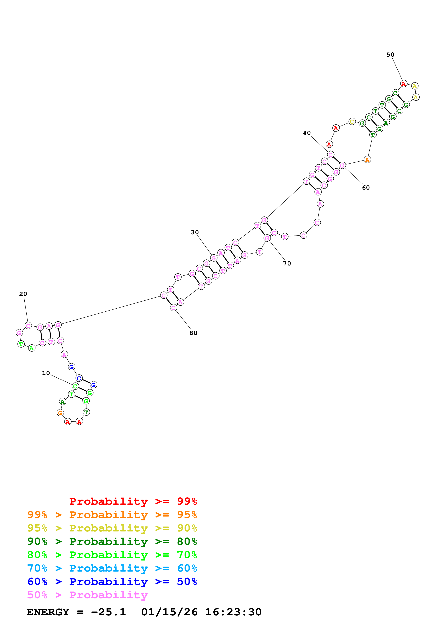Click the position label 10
pyautogui.click(x=46, y=373)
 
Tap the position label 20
pyautogui.click(x=23, y=294)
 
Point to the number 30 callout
pyautogui.click(x=195, y=232)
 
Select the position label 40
pyautogui.click(x=307, y=133)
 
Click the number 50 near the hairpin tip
pyautogui.click(x=390, y=55)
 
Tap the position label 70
pyautogui.click(x=287, y=264)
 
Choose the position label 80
pyautogui.click(x=193, y=333)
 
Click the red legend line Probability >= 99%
pyautogui.click(x=133, y=501)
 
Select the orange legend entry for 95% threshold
pyautogui.click(x=112, y=515)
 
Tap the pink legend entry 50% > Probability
pyautogui.click(x=87, y=595)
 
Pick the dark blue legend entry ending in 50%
pyautogui.click(x=112, y=582)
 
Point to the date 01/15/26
pyautogui.click(x=169, y=612)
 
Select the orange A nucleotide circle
pyautogui.click(x=367, y=160)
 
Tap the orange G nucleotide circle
pyautogui.click(x=60, y=413)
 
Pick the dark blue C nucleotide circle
pyautogui.click(x=79, y=378)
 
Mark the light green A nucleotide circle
pyautogui.click(x=32, y=348)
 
